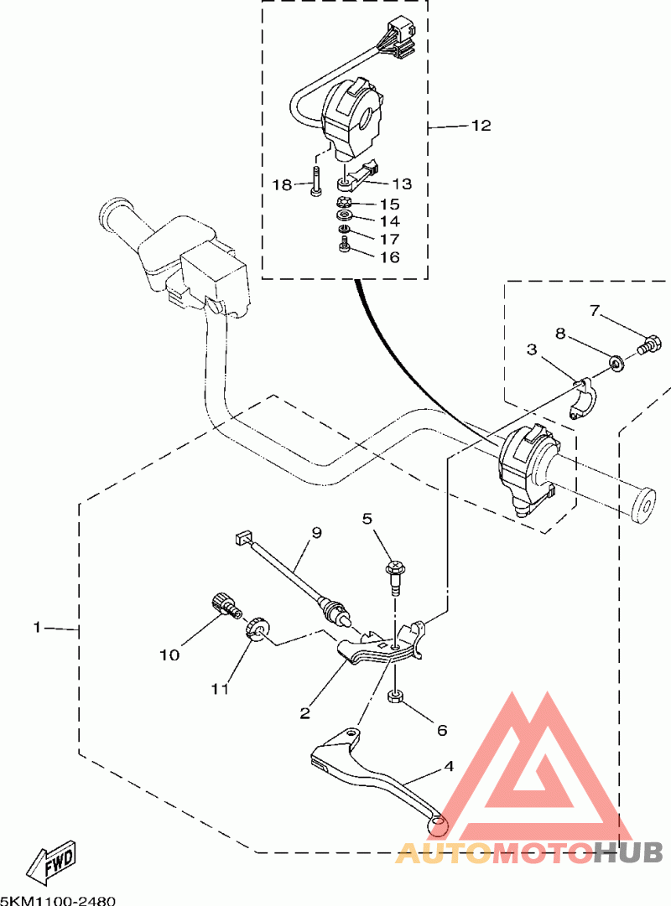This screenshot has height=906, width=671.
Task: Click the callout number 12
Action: [x=481, y=126]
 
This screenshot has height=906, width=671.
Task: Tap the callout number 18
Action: [x=283, y=185]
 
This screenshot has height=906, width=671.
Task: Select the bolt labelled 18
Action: [x=315, y=181]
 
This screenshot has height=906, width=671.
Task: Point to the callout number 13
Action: [x=402, y=184]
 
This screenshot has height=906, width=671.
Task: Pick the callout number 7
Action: [x=595, y=311]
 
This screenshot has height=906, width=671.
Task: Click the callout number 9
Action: [x=316, y=532]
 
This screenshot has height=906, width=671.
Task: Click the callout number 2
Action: [x=304, y=713]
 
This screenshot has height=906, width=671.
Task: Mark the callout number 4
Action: [x=449, y=767]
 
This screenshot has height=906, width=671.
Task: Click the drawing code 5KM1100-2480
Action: [x=58, y=900]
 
